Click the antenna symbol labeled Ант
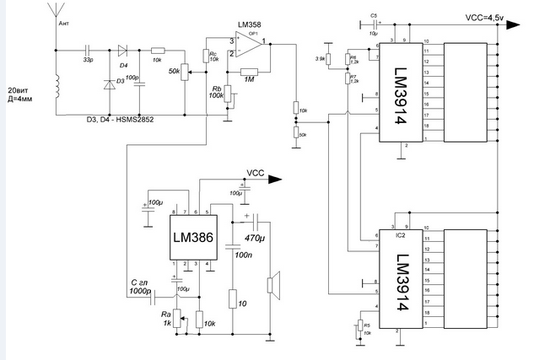click(x=55, y=17)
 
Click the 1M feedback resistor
click(x=250, y=72)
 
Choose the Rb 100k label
click(x=216, y=93)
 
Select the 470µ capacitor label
click(x=256, y=239)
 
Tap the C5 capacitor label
click(x=374, y=16)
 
